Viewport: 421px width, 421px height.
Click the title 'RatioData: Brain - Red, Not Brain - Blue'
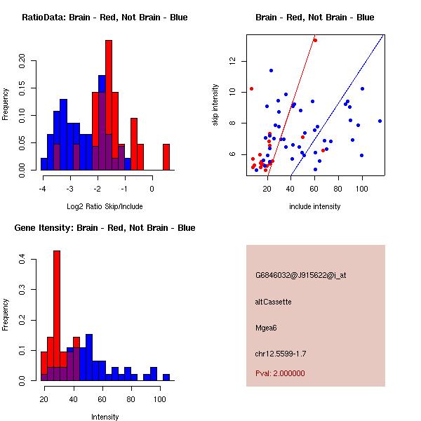coord(105,18)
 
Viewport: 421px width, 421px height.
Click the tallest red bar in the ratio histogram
coord(109,105)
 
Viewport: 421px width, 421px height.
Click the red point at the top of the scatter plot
coord(315,40)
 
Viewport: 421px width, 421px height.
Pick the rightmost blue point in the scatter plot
coord(380,121)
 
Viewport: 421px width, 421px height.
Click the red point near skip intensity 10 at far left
coord(251,88)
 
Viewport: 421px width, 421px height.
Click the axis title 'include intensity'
coord(315,206)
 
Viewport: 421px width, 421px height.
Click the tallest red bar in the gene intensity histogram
coord(57,316)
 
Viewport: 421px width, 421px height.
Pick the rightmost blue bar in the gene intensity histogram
coord(166,377)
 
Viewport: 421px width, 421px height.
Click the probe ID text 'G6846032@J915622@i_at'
coord(301,275)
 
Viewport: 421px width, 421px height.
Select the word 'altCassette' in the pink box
coord(274,302)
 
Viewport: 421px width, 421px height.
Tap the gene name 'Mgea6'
coord(267,328)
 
